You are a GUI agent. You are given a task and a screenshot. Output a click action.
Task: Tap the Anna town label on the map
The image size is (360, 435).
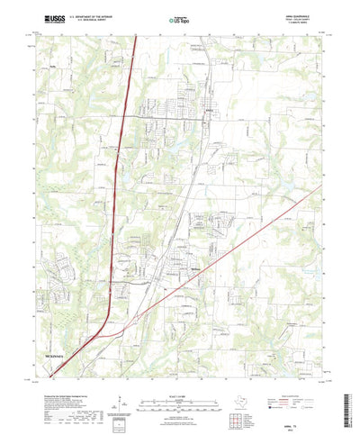click(x=211, y=113)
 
